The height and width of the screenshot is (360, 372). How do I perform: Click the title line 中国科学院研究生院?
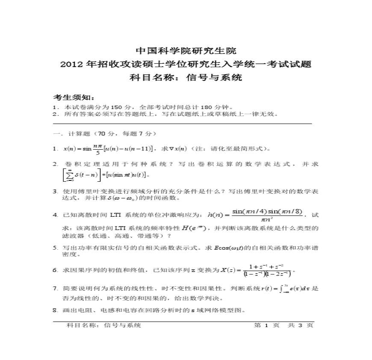(186, 51)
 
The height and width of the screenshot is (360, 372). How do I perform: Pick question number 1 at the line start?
(55, 149)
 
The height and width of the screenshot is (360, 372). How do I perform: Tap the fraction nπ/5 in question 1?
(98, 149)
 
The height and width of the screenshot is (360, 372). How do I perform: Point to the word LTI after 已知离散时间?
(116, 215)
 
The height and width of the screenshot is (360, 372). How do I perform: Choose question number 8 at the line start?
(55, 310)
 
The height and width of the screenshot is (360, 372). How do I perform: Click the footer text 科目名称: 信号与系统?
(104, 325)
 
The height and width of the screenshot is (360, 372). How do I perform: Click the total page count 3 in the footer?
(299, 325)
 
